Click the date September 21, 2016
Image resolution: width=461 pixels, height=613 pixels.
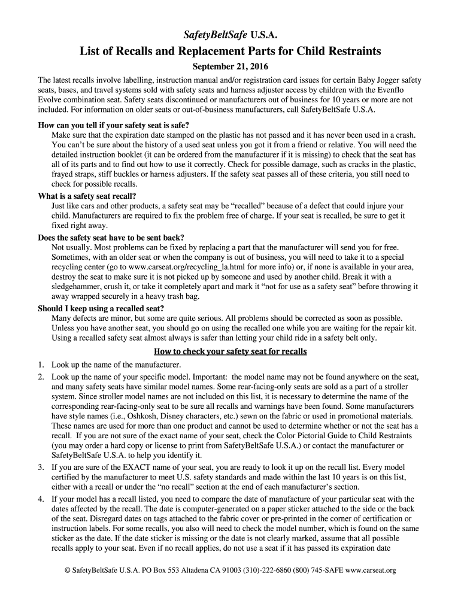click(x=230, y=66)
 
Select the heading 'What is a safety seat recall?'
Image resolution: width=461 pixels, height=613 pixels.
click(x=87, y=196)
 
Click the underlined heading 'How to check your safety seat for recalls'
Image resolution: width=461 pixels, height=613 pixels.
click(x=230, y=351)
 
